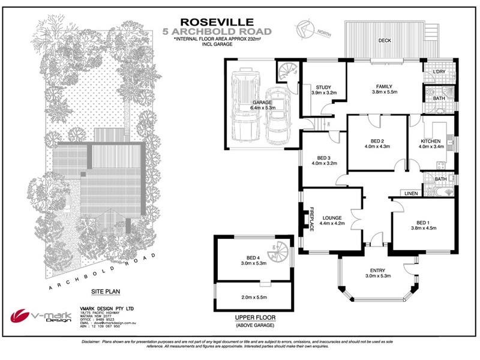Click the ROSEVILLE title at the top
click(218, 21)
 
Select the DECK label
click(385, 41)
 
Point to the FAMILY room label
click(383, 86)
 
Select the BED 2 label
click(377, 143)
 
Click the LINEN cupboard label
click(410, 194)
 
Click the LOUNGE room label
click(332, 219)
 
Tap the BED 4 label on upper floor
click(253, 257)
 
